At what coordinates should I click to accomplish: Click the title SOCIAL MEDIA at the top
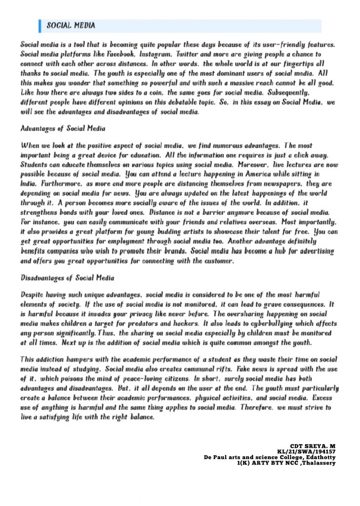[x=71, y=26]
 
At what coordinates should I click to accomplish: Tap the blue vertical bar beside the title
[x=40, y=26]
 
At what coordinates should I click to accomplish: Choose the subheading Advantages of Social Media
[x=63, y=128]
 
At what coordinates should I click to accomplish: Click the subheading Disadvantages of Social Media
[x=67, y=277]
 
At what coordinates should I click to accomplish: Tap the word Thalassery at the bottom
[x=318, y=463]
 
